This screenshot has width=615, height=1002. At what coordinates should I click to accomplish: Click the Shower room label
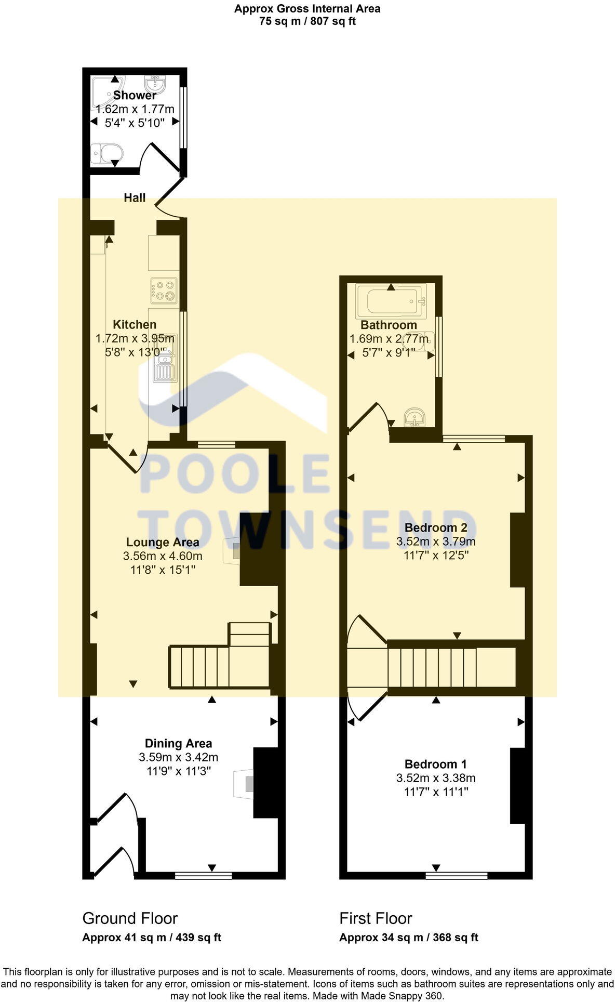click(x=135, y=95)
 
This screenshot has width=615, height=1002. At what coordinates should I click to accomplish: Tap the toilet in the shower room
click(x=106, y=153)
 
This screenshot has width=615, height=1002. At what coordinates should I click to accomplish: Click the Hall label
click(x=135, y=197)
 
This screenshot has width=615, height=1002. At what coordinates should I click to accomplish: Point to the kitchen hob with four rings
click(x=164, y=291)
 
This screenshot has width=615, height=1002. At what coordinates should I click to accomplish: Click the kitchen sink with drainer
click(x=166, y=359)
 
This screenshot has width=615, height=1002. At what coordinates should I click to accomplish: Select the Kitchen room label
click(x=135, y=325)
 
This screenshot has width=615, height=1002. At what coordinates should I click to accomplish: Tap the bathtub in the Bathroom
click(x=391, y=301)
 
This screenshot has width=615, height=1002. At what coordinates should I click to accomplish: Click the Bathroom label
click(x=389, y=325)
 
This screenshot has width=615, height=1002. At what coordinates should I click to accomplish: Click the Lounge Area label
click(x=163, y=543)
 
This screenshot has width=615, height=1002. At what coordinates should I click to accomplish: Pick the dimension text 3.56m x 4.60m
click(x=163, y=556)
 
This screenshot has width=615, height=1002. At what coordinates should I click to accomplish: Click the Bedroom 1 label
click(x=435, y=764)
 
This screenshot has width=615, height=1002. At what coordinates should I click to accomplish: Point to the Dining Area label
click(x=178, y=744)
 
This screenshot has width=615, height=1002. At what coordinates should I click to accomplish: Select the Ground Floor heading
click(x=130, y=918)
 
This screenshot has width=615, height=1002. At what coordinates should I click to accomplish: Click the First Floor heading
click(x=376, y=918)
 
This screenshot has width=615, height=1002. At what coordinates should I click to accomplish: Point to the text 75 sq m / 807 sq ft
click(x=307, y=22)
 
